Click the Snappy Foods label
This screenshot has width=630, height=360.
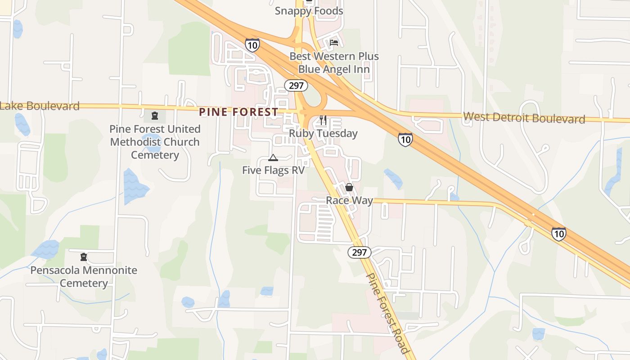pyautogui.click(x=309, y=11)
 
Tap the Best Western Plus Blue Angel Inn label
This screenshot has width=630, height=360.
pyautogui.click(x=334, y=63)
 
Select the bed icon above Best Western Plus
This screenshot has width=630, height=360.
pyautogui.click(x=334, y=43)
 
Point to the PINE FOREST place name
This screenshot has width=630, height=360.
pyautogui.click(x=238, y=112)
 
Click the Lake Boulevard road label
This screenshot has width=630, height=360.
pyautogui.click(x=40, y=106)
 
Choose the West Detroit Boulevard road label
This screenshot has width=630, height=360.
pyautogui.click(x=524, y=118)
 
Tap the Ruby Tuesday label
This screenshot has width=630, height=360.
pyautogui.click(x=323, y=133)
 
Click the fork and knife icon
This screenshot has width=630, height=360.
pyautogui.click(x=323, y=120)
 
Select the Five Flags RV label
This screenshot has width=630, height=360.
pyautogui.click(x=273, y=170)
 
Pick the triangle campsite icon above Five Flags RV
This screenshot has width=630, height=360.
pyautogui.click(x=273, y=157)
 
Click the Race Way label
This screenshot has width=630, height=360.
pyautogui.click(x=349, y=200)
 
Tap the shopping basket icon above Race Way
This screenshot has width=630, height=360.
pyautogui.click(x=349, y=187)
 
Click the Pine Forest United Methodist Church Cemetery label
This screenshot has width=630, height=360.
pyautogui.click(x=155, y=142)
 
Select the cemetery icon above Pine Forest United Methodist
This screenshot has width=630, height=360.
pyautogui.click(x=155, y=116)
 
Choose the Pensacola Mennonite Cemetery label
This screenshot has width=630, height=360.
pyautogui.click(x=84, y=276)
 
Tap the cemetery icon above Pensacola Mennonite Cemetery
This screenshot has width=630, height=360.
pyautogui.click(x=83, y=257)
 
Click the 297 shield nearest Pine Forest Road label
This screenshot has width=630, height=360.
pyautogui.click(x=359, y=252)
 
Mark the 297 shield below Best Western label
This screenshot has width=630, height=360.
pyautogui.click(x=296, y=85)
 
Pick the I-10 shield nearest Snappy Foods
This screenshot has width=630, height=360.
pyautogui.click(x=252, y=45)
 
